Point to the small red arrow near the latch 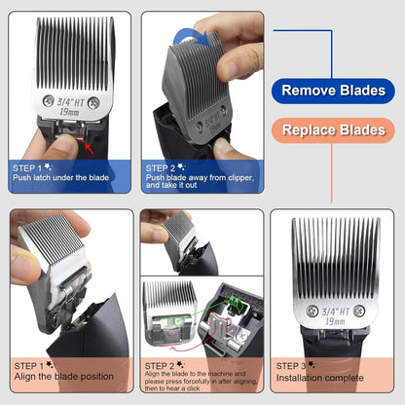tap(91, 147)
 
